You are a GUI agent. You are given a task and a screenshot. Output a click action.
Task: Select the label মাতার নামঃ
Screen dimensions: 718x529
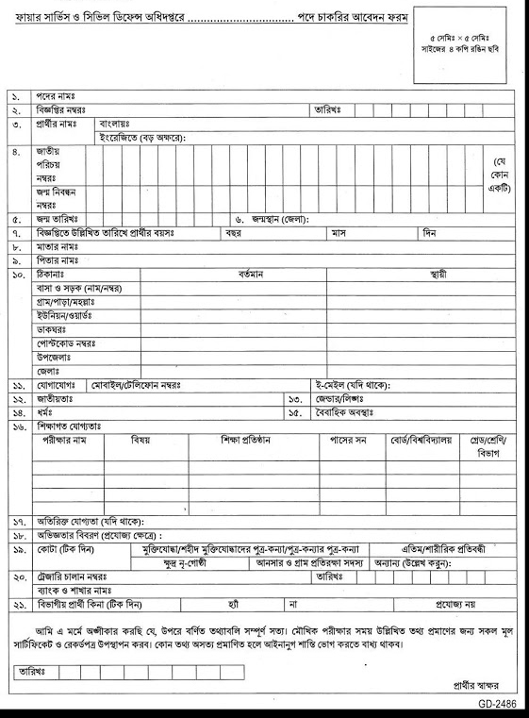58,245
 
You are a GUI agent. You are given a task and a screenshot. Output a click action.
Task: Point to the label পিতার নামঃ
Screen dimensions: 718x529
58,259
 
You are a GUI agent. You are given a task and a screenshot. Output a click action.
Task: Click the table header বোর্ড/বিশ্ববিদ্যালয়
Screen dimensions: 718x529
422,441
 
